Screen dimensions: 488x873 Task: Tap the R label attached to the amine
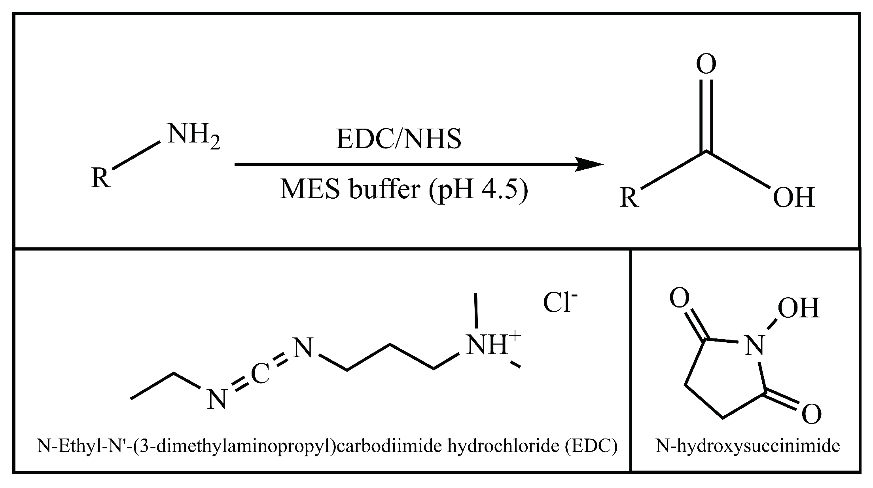click(100, 178)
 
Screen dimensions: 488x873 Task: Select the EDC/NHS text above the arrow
click(398, 139)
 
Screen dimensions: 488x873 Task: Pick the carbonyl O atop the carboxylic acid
click(706, 64)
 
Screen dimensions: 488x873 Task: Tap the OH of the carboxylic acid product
click(793, 197)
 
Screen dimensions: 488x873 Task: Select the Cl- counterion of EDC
click(560, 303)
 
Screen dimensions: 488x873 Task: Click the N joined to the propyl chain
click(303, 349)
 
